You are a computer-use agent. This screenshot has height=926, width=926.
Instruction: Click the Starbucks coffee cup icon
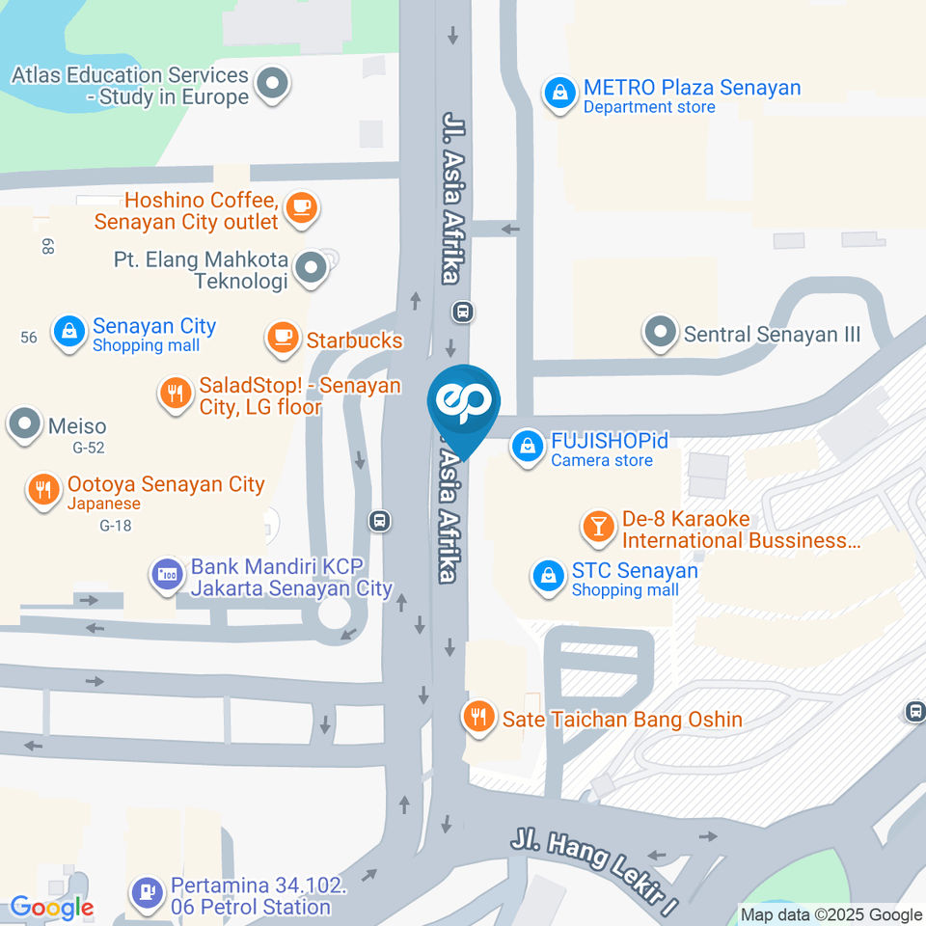pyautogui.click(x=282, y=338)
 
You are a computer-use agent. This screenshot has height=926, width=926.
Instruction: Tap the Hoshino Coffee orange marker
pyautogui.click(x=302, y=207)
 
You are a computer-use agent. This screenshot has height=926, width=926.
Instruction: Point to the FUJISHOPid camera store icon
pyautogui.click(x=528, y=448)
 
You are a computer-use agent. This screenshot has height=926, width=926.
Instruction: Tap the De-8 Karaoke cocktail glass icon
pyautogui.click(x=598, y=527)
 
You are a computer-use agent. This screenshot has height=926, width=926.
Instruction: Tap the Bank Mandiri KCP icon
pyautogui.click(x=166, y=576)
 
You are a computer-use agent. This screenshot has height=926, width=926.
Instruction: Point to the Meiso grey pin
pyautogui.click(x=24, y=423)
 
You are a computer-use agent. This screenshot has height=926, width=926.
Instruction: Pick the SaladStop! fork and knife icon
pyautogui.click(x=175, y=394)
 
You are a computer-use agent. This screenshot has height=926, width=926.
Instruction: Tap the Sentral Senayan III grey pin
pyautogui.click(x=661, y=334)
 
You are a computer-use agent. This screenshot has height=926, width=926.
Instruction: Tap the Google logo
pyautogui.click(x=52, y=908)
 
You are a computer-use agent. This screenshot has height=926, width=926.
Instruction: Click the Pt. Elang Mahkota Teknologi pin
pyautogui.click(x=311, y=269)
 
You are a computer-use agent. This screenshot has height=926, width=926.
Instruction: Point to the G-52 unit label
pyautogui.click(x=88, y=448)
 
